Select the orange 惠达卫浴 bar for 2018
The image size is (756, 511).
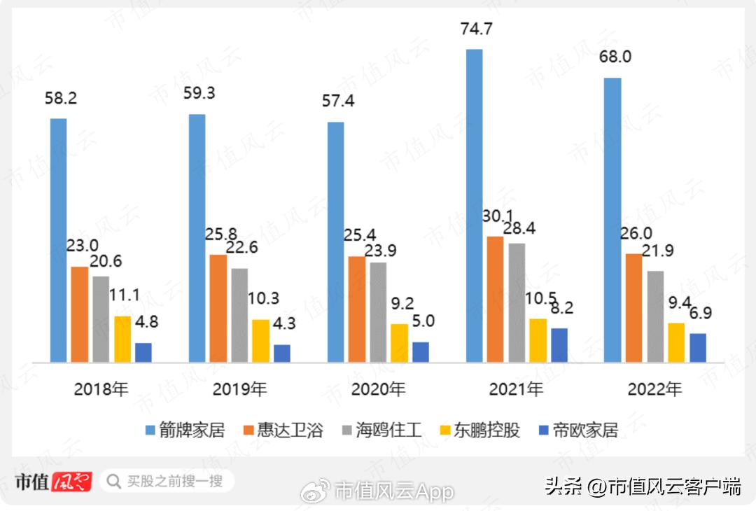pyautogui.click(x=80, y=314)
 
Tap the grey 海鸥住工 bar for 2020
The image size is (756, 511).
pyautogui.click(x=377, y=312)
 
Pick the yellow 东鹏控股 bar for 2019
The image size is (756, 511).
pyautogui.click(x=260, y=341)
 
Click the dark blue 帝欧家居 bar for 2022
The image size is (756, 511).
pyautogui.click(x=698, y=348)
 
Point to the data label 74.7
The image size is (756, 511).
pyautogui.click(x=475, y=29)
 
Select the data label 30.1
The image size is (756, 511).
pyautogui.click(x=498, y=216)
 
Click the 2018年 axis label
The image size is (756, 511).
pyautogui.click(x=101, y=389)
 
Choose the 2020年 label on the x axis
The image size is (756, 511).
pyautogui.click(x=377, y=389)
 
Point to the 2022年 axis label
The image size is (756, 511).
pyautogui.click(x=654, y=389)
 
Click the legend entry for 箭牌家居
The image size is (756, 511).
pyautogui.click(x=184, y=430)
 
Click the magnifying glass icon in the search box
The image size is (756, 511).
pyautogui.click(x=113, y=482)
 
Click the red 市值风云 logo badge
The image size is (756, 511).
pyautogui.click(x=71, y=482)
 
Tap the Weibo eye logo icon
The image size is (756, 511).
pyautogui.click(x=316, y=491)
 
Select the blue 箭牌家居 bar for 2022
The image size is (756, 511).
pyautogui.click(x=612, y=220)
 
